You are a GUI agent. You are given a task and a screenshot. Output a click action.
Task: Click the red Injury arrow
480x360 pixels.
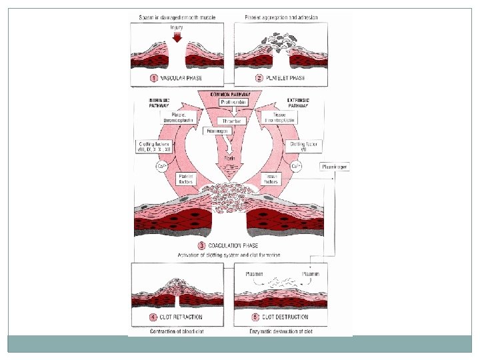pos(177,38)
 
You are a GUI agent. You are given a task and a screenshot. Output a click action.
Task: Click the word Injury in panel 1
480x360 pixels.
pos(177,27)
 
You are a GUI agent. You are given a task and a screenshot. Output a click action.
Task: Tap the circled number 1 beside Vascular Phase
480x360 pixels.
pos(153,79)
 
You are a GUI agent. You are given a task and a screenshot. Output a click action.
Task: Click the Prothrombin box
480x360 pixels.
pos(229,102)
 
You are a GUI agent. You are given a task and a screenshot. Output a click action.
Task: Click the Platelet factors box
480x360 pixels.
pos(185,177)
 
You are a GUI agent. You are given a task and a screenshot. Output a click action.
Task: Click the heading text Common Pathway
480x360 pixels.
pos(229,94)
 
